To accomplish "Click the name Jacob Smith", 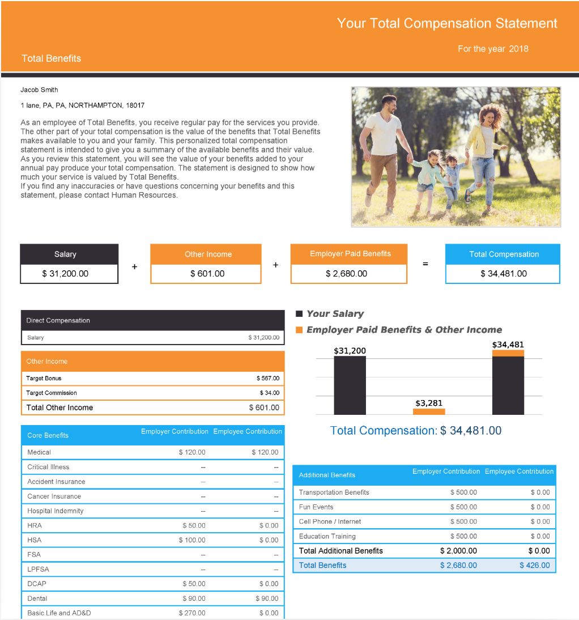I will click(x=39, y=90).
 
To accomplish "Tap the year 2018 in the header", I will click(x=518, y=49).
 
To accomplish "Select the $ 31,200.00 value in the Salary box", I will click(x=65, y=274).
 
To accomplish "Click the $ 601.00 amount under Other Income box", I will click(x=207, y=274).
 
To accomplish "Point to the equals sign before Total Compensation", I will click(x=425, y=264).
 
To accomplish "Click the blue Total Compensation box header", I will click(x=504, y=254).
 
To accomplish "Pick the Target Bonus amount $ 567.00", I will click(x=267, y=378).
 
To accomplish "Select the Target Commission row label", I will click(x=52, y=393).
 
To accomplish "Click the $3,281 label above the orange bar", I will click(x=428, y=403).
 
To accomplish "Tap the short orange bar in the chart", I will click(x=429, y=411).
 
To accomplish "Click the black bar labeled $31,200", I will click(x=350, y=385).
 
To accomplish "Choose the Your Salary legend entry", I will click(x=335, y=313).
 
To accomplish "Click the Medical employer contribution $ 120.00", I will click(x=192, y=452).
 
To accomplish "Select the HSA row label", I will click(x=35, y=540).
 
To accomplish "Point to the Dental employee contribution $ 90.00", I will click(x=266, y=598).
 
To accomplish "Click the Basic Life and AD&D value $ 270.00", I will click(x=192, y=613).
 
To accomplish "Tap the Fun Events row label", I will click(x=316, y=507).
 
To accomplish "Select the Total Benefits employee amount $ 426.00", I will click(x=534, y=565).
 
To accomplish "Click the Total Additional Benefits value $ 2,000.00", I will click(x=458, y=551).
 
